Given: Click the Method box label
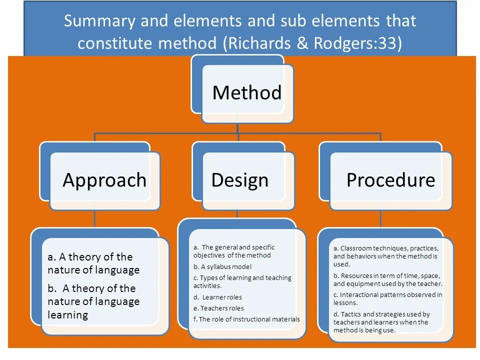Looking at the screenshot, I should [247, 93].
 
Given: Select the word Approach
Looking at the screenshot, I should [104, 180].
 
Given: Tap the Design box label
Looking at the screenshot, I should [239, 180].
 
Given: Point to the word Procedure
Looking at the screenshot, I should [390, 180].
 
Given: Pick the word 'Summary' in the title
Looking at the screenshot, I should [99, 21].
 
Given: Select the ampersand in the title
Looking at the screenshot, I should [302, 43].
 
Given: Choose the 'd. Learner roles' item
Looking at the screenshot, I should [217, 297].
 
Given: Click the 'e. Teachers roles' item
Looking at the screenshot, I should [218, 308].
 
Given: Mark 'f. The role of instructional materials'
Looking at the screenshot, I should [246, 319].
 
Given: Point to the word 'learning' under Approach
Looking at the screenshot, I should [67, 315].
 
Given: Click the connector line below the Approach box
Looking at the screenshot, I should [95, 218].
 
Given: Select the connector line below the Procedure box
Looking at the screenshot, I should [380, 218].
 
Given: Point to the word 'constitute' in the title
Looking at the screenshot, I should [115, 43].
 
